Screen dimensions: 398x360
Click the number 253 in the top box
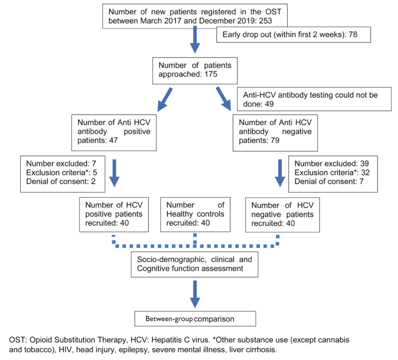pyautogui.click(x=265, y=20)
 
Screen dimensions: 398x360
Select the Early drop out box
pyautogui.click(x=293, y=35)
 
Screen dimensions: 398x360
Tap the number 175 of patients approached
pyautogui.click(x=211, y=74)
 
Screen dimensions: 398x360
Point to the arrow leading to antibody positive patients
pyautogui.click(x=165, y=100)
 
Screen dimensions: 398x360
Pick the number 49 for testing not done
pyautogui.click(x=269, y=104)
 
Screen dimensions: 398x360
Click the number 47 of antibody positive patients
pyautogui.click(x=113, y=140)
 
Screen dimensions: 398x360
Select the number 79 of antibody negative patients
pyautogui.click(x=275, y=140)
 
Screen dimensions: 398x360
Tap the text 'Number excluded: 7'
pyautogui.click(x=61, y=163)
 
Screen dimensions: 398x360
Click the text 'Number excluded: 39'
pyautogui.click(x=332, y=163)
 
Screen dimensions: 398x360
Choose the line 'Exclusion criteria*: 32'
pyautogui.click(x=332, y=173)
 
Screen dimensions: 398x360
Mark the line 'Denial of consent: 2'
pyautogui.click(x=61, y=181)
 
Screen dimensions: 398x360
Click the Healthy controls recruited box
pyautogui.click(x=195, y=214)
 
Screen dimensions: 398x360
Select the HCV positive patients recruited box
pyautogui.click(x=114, y=214)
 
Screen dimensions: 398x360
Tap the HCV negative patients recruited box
pyautogui.click(x=282, y=214)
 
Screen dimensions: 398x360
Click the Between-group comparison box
pyautogui.click(x=195, y=319)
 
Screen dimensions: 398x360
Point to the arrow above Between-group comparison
pyautogui.click(x=195, y=294)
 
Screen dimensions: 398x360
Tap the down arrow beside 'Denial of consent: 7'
pyautogui.click(x=280, y=173)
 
